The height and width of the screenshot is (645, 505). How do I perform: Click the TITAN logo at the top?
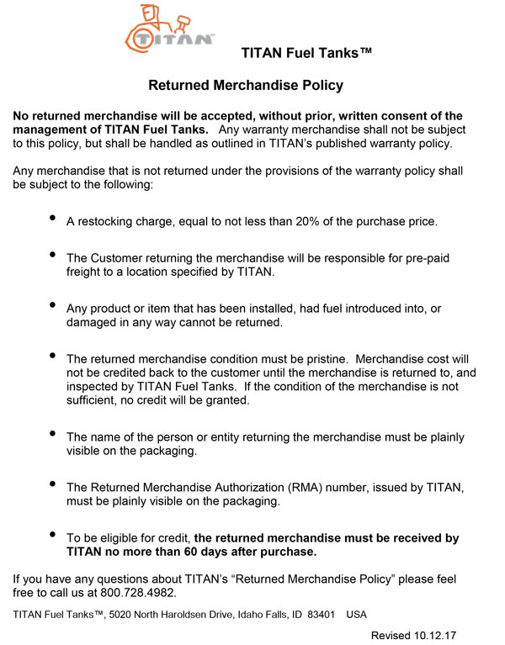pos(168,29)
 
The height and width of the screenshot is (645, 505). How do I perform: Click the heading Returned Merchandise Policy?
pos(246,86)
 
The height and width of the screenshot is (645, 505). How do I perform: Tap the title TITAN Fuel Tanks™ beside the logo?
pos(306,53)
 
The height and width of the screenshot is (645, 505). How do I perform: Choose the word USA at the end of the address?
pos(357,614)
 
